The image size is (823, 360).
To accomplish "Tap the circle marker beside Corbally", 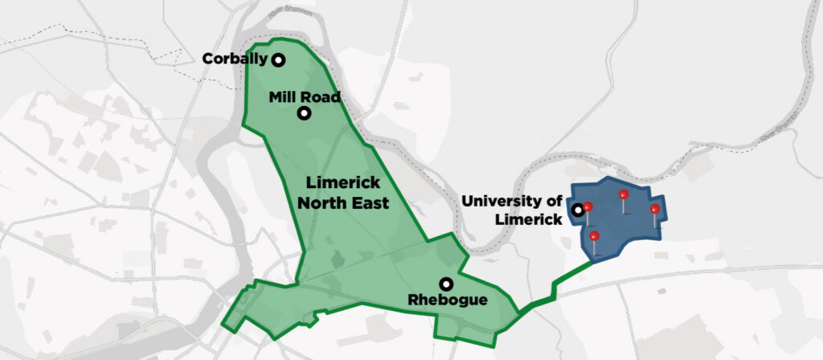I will [x=278, y=59].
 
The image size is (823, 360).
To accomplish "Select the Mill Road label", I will [x=305, y=97].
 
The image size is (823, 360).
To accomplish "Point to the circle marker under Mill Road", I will [x=304, y=113].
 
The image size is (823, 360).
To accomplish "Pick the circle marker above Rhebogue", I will [x=445, y=284].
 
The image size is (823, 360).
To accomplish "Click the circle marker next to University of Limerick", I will [x=577, y=211].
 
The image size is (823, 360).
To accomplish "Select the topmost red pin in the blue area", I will [x=623, y=195].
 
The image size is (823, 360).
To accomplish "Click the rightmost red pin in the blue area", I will [x=654, y=210].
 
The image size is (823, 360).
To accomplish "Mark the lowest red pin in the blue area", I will [x=594, y=236].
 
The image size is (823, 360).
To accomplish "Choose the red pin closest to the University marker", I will [x=588, y=207].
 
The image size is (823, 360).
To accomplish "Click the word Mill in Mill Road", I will [x=282, y=97].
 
